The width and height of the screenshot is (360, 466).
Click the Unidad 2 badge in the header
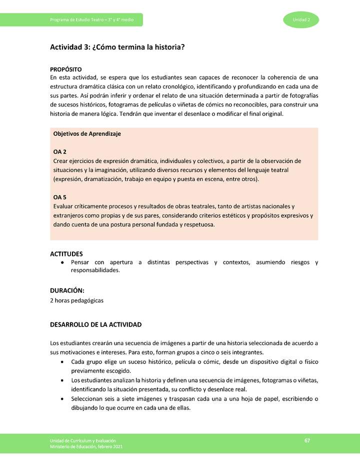click(x=301, y=19)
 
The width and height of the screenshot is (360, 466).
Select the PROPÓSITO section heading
click(x=66, y=69)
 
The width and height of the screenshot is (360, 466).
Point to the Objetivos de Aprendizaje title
click(x=87, y=134)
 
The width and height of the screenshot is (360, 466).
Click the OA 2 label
click(x=60, y=152)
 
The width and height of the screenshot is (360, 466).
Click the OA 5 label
click(x=60, y=197)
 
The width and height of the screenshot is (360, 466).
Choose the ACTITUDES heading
click(x=66, y=254)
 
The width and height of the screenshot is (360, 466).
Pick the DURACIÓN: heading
click(x=67, y=290)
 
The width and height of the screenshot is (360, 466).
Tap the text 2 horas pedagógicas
click(x=76, y=300)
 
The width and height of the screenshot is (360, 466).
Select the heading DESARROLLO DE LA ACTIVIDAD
click(x=96, y=324)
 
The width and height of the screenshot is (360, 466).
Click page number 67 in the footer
click(x=307, y=440)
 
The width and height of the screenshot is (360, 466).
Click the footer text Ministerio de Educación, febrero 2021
click(x=86, y=446)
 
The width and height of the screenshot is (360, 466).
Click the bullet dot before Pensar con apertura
click(x=61, y=262)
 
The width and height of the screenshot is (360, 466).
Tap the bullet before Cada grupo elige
click(x=61, y=361)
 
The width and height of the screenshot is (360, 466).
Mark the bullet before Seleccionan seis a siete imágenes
click(x=61, y=399)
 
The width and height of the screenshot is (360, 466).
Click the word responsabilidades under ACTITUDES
click(x=95, y=270)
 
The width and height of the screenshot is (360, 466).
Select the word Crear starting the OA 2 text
click(x=61, y=161)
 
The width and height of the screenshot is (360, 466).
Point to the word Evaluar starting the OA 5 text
click(x=64, y=206)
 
